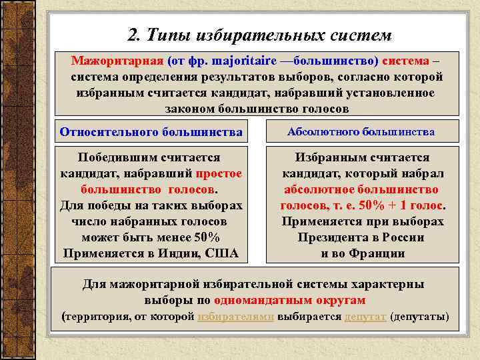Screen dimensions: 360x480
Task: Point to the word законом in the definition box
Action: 191,107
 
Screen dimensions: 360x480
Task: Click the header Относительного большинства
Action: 151,132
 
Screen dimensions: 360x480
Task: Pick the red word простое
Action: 219,173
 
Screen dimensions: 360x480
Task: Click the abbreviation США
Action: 223,253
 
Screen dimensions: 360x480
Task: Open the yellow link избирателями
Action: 236,316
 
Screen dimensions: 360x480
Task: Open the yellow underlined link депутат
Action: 365,316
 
